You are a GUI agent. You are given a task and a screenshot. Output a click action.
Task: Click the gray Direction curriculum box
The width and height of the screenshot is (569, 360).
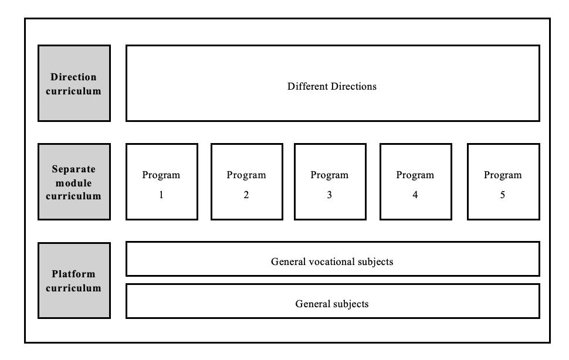point(74,83)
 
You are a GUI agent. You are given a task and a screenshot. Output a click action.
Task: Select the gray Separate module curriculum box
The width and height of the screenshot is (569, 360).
point(74,182)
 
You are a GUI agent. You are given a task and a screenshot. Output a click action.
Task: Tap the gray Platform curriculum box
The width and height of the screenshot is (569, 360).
point(74,281)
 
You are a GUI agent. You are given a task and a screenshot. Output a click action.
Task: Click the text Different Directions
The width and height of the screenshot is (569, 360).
point(332,86)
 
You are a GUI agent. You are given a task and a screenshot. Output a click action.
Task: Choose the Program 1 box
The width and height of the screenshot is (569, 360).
point(161,182)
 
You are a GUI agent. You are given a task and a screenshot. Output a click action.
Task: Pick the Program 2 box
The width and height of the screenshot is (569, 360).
point(246,182)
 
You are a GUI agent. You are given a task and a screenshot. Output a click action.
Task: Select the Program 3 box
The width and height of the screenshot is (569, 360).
point(330,182)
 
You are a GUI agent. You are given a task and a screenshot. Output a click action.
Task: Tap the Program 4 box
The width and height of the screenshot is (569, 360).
point(415,182)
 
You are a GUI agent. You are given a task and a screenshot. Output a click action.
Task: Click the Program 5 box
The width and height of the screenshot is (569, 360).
point(503,182)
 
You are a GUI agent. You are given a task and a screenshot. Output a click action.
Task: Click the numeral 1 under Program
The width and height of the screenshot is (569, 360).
point(161,195)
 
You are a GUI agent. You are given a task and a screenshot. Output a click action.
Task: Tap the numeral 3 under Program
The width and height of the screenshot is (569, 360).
point(330,195)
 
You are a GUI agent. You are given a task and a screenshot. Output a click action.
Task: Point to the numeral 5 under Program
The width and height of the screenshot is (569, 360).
point(503,195)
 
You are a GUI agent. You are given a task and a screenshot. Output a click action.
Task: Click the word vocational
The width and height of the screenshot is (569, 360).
point(332,261)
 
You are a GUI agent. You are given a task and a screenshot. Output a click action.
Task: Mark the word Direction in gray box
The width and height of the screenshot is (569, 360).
point(74,77)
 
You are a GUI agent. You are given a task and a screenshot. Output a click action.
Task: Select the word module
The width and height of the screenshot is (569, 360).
point(74,182)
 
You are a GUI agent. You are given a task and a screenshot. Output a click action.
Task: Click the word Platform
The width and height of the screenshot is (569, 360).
point(74,274)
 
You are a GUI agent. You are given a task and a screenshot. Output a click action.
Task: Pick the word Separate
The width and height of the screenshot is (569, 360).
point(74,169)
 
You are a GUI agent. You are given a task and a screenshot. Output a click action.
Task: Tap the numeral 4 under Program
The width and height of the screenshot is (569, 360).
point(415,195)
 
